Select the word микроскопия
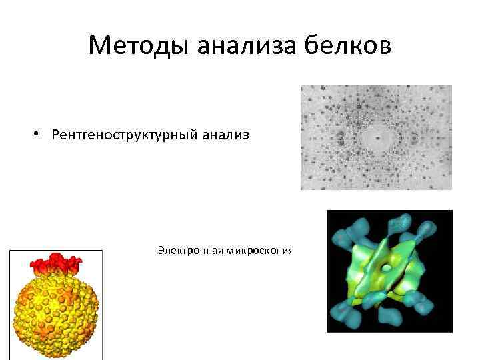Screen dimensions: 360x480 (x=259, y=250)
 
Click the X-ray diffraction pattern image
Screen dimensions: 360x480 (x=376, y=137)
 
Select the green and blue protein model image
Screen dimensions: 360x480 (x=389, y=271)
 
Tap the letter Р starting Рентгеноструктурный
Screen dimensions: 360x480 (x=55, y=135)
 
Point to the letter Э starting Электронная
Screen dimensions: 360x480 (x=161, y=250)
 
